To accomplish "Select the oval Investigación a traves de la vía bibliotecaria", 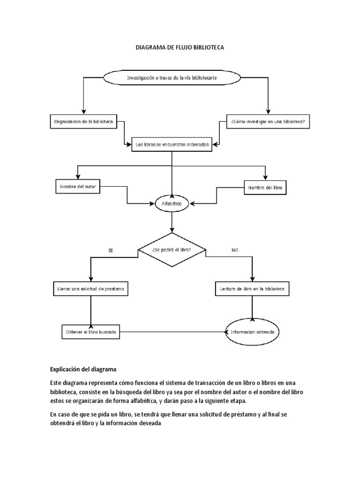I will coord(171,78).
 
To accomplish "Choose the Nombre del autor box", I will coord(78,186).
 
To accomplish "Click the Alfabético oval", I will coord(172,204).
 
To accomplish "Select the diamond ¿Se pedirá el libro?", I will coord(172,250).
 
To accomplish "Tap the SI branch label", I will coord(111,251).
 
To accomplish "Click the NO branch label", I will coord(235,251).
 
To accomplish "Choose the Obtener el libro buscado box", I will coord(90,332).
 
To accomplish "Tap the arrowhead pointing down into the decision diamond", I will coord(172,230).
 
